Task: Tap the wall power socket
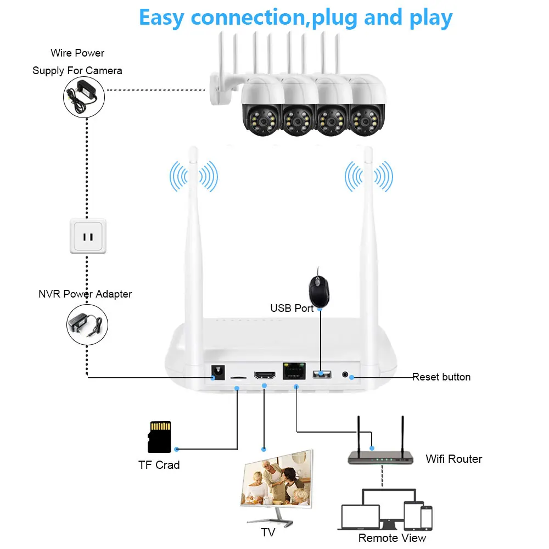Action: pos(87,237)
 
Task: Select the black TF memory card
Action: pos(160,437)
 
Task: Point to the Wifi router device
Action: pos(380,456)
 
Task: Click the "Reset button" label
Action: pos(441,377)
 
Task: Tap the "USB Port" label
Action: pos(292,309)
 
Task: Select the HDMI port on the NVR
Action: pos(265,376)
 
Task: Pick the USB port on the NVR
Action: pos(322,374)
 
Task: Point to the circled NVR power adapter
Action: pos(87,325)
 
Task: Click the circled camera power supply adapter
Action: pos(84,96)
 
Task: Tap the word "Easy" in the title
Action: pos(162,18)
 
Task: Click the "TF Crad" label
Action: pos(159,465)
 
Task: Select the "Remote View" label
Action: pos(392,538)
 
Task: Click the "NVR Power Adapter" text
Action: pos(85,294)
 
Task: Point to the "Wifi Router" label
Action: pos(453,459)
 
